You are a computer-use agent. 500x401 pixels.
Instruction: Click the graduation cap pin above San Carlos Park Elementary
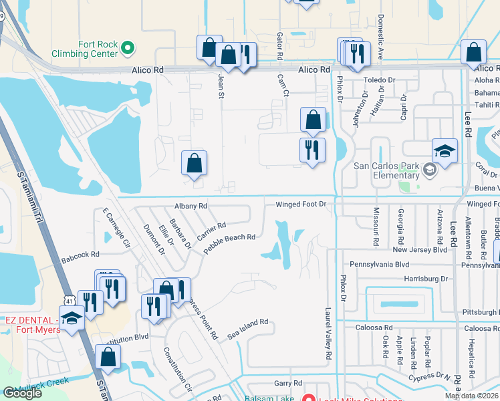445,151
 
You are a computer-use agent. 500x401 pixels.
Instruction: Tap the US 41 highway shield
70,301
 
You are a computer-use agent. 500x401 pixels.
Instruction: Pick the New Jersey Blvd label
419,249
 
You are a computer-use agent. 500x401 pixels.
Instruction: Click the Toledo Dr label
379,80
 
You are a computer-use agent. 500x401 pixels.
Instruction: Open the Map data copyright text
471,396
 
